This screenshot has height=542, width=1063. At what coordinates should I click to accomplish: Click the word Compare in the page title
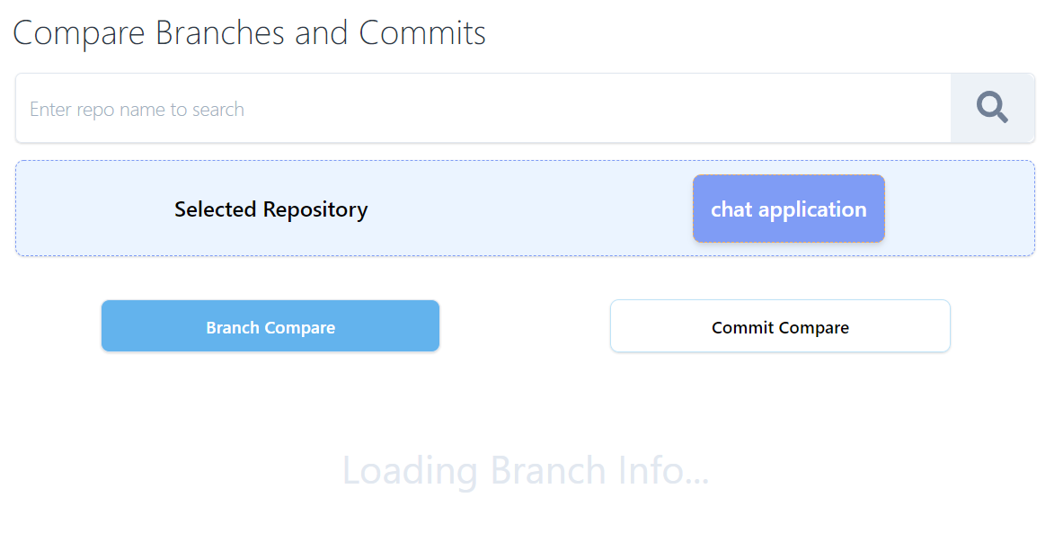pyautogui.click(x=79, y=33)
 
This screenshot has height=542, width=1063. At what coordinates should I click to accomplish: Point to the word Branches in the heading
pyautogui.click(x=220, y=33)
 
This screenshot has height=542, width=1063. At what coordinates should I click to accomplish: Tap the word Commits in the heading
pyautogui.click(x=422, y=33)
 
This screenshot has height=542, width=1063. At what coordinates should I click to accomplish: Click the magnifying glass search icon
pyautogui.click(x=992, y=108)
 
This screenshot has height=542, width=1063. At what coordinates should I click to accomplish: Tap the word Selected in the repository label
pyautogui.click(x=216, y=209)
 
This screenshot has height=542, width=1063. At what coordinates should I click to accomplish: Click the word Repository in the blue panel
pyautogui.click(x=315, y=209)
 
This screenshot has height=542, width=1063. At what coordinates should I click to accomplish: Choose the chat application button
pyautogui.click(x=788, y=209)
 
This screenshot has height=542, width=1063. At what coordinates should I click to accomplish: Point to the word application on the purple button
pyautogui.click(x=812, y=209)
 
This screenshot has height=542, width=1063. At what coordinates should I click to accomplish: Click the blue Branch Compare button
pyautogui.click(x=270, y=325)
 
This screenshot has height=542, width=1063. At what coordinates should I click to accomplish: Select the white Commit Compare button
pyautogui.click(x=780, y=325)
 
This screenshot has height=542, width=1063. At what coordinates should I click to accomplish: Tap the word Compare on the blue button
pyautogui.click(x=302, y=328)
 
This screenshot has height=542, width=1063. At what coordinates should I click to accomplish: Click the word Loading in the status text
pyautogui.click(x=410, y=471)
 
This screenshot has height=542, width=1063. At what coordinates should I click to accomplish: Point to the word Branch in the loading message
pyautogui.click(x=548, y=471)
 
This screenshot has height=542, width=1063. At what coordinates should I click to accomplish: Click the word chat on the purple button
pyautogui.click(x=731, y=209)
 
